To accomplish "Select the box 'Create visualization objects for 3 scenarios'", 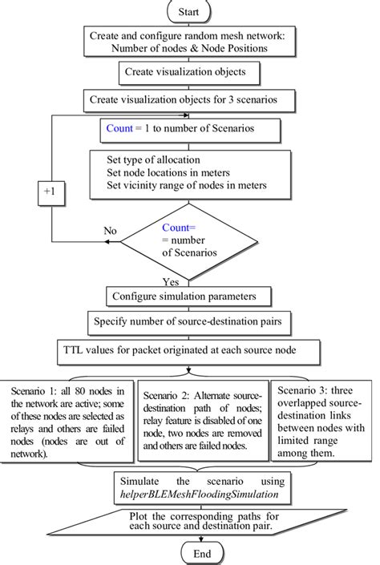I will tap(188, 101).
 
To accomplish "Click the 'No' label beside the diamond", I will tap(111, 230).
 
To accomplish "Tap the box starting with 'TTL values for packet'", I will tap(188, 350).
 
